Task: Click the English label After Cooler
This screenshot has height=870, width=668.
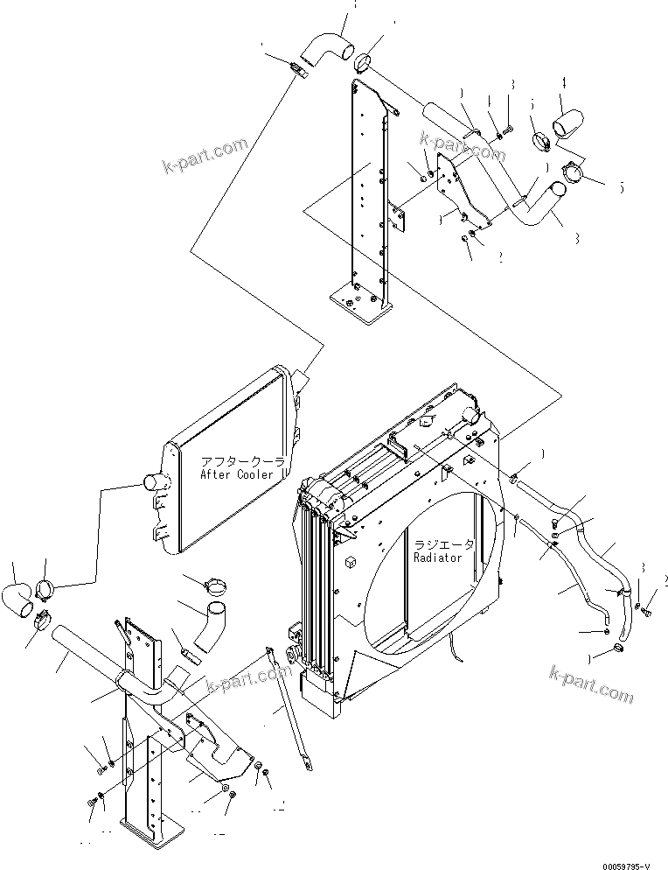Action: coord(236,474)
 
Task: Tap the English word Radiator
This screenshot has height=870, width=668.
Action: coord(443,558)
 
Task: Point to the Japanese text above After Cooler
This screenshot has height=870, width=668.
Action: coord(236,461)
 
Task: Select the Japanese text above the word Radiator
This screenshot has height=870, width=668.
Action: coord(444,544)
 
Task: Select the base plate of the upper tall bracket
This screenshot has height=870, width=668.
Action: coord(358,302)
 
